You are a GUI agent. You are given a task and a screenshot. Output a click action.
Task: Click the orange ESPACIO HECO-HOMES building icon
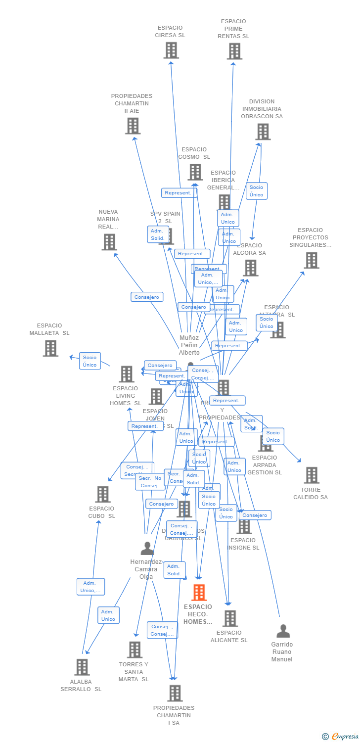[199, 592]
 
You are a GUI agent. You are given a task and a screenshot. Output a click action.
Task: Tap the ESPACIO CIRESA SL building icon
[171, 50]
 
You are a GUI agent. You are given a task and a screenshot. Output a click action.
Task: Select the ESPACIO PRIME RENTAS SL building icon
[234, 51]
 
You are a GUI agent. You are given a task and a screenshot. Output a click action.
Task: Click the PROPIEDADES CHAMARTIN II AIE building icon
[133, 126]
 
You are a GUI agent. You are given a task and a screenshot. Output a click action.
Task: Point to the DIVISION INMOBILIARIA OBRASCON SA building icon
[263, 132]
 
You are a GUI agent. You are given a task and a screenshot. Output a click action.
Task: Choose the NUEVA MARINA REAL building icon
[109, 242]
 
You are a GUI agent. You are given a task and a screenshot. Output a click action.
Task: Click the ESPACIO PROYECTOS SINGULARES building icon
[312, 260]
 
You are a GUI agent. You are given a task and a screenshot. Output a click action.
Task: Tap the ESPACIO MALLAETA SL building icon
[50, 348]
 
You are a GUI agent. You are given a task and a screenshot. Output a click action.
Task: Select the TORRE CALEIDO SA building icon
[312, 475]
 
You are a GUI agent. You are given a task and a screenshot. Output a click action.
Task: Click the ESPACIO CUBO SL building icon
[103, 494]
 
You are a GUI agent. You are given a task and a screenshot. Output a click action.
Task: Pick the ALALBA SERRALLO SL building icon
[82, 667]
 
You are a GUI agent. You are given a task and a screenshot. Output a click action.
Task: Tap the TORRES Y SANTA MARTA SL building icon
[135, 649]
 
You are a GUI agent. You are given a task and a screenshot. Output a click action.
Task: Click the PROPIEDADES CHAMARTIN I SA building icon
[175, 693]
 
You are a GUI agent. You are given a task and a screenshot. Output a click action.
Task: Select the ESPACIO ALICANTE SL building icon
[230, 618]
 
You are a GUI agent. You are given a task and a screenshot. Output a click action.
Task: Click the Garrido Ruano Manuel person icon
[283, 631]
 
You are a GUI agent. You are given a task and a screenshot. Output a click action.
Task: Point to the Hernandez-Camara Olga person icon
[147, 549]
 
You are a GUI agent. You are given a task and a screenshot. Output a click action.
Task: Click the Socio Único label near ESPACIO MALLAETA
[90, 361]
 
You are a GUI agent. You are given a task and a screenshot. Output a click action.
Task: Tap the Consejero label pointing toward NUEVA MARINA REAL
[147, 297]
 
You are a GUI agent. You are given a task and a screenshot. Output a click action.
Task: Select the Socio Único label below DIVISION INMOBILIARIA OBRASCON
[256, 191]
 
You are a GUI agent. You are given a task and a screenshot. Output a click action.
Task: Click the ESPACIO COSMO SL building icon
[195, 172]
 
